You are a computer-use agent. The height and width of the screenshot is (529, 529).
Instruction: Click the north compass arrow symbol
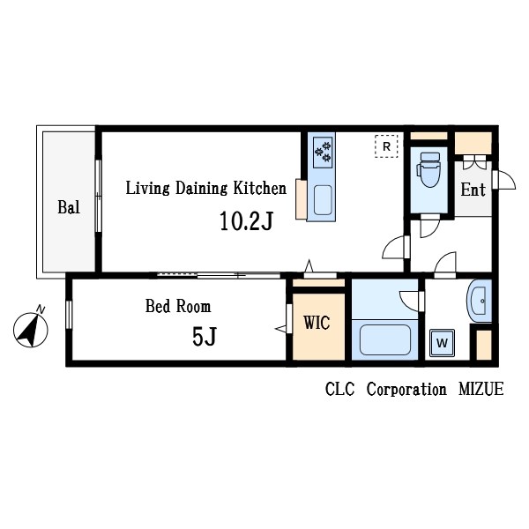point(31,332)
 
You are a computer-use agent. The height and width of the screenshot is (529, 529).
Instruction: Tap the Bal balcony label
point(69,208)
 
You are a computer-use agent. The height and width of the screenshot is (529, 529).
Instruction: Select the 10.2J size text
point(246,220)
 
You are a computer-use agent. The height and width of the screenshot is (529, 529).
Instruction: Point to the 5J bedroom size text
point(204,337)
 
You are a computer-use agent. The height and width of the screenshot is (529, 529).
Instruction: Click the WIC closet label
point(317,323)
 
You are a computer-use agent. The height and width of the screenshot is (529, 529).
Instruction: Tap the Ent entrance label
point(473,190)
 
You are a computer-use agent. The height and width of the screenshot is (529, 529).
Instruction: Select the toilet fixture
point(429,171)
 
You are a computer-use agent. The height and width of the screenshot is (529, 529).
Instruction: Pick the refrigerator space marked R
point(385,145)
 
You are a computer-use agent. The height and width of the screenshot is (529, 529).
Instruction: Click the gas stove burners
point(322,152)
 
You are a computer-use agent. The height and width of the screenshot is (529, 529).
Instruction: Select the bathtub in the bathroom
point(383,340)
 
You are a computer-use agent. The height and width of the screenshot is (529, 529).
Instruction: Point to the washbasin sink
point(480,302)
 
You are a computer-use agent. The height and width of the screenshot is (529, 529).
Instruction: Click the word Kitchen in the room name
point(259,188)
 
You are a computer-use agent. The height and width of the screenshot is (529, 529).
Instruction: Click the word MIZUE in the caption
point(480,389)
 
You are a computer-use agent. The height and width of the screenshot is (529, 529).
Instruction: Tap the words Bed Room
point(178,307)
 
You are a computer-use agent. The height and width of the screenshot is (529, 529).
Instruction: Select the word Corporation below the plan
point(406,389)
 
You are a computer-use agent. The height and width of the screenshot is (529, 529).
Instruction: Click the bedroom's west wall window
point(69,316)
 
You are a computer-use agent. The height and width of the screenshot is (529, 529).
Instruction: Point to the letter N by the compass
point(41,308)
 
